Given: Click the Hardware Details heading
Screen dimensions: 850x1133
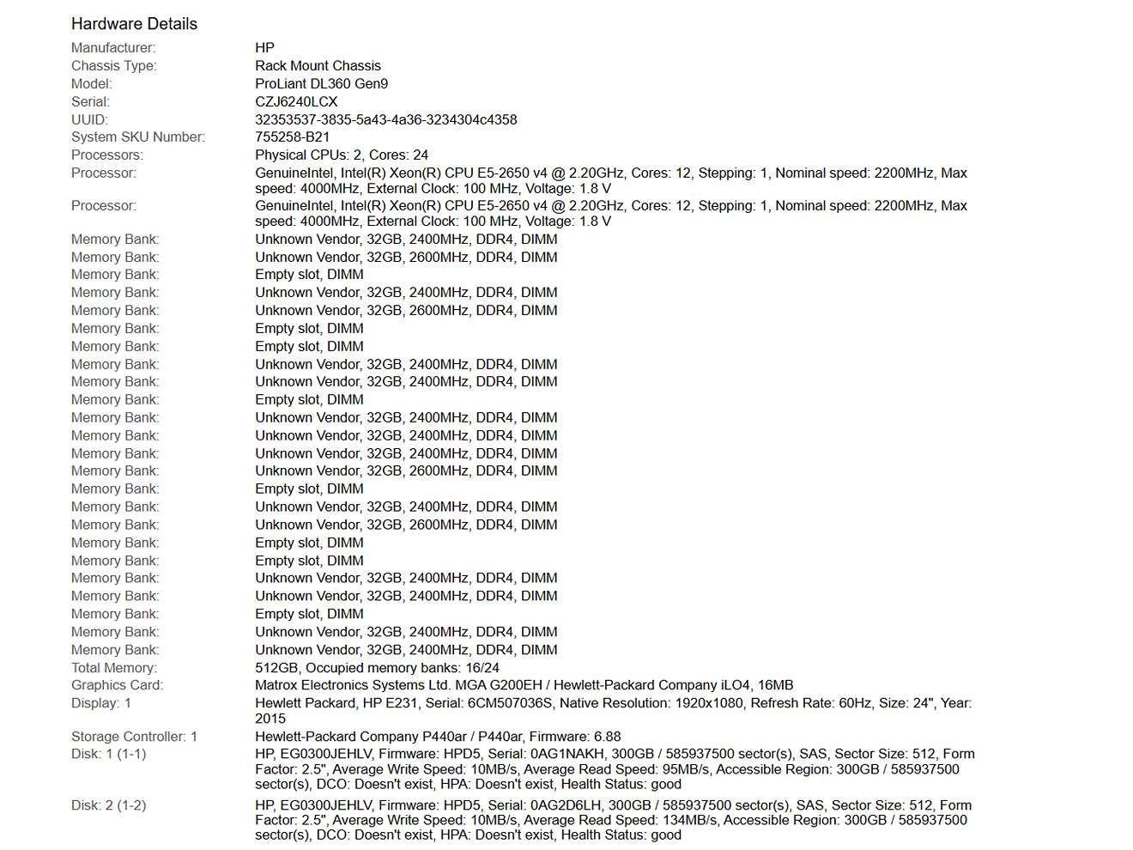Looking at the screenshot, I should [x=134, y=24].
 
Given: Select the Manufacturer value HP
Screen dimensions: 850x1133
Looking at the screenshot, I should [x=264, y=48].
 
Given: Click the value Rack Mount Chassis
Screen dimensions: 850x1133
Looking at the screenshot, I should [x=318, y=66].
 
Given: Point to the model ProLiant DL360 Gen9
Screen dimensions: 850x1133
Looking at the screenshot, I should [x=321, y=84].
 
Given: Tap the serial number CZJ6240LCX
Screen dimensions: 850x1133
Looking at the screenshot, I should [x=296, y=102].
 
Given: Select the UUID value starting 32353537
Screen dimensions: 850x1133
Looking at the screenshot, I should [x=385, y=120].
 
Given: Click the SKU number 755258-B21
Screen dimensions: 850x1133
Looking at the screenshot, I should [x=292, y=137].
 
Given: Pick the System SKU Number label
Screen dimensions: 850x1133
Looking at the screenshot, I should [x=137, y=137].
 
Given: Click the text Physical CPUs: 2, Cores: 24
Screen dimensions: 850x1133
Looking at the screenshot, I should [x=341, y=155].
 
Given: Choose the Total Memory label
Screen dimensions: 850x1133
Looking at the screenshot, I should [x=113, y=668].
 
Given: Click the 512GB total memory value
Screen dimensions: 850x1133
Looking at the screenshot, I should [x=277, y=668].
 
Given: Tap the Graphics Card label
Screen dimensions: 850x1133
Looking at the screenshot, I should [x=117, y=685].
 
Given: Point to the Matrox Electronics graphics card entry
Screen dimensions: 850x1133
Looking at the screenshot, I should [x=524, y=685].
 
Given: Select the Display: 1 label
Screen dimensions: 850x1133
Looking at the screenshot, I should [x=101, y=703].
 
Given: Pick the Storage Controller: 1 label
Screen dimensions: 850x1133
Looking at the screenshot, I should [x=134, y=737].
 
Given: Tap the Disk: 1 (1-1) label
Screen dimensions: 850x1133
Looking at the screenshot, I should [x=108, y=754].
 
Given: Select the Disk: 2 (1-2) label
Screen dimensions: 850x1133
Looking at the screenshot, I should [x=108, y=805].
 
